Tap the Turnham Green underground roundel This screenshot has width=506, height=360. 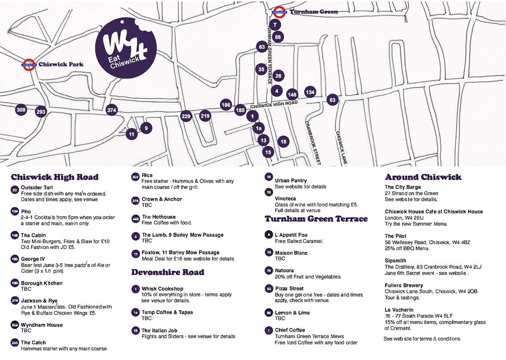pyautogui.click(x=278, y=11)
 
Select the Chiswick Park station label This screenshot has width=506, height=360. pyautogui.click(x=60, y=64)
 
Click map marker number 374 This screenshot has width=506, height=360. pyautogui.click(x=112, y=110)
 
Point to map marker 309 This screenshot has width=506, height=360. pyautogui.click(x=21, y=110)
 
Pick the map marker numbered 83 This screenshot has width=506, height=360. pyautogui.click(x=333, y=100)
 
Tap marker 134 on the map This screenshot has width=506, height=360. pyautogui.click(x=310, y=92)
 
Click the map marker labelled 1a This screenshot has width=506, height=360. pyautogui.click(x=258, y=128)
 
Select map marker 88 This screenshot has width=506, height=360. pyautogui.click(x=278, y=37)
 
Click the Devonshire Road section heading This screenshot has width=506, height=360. pyautogui.click(x=167, y=272)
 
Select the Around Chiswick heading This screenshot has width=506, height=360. pyautogui.click(x=423, y=177)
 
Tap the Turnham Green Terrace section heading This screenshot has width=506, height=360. pyautogui.click(x=316, y=219)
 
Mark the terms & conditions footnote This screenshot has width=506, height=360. pyautogui.click(x=422, y=339)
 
